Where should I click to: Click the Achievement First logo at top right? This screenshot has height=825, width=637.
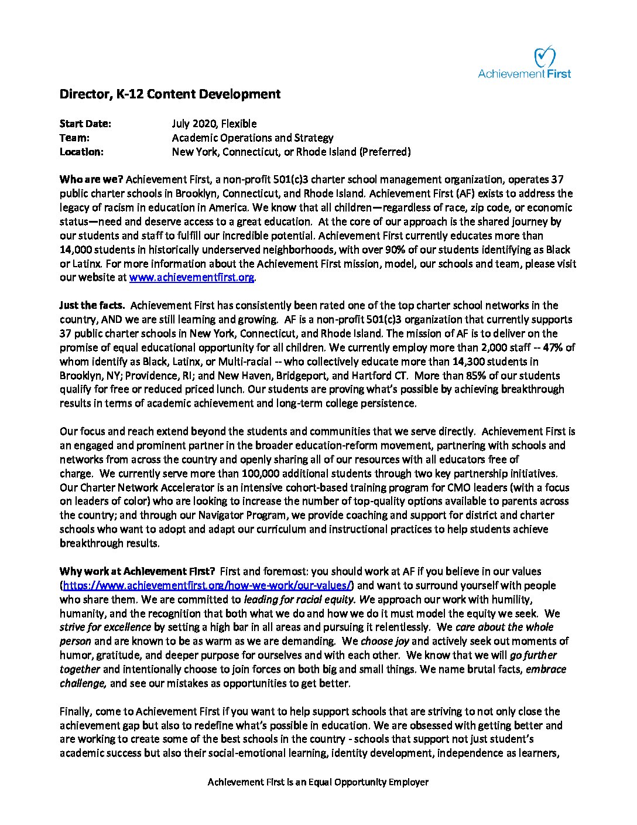pyautogui.click(x=524, y=64)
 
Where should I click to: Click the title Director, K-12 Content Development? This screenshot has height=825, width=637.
pyautogui.click(x=170, y=94)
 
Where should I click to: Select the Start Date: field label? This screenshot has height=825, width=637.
pyautogui.click(x=85, y=124)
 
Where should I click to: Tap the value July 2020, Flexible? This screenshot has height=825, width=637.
pyautogui.click(x=214, y=124)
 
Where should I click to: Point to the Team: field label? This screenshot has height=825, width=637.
pyautogui.click(x=74, y=138)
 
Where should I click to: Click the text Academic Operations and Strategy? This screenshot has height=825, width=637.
pyautogui.click(x=252, y=138)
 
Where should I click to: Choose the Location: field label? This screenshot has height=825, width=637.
pyautogui.click(x=81, y=152)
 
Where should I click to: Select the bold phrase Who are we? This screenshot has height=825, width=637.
pyautogui.click(x=91, y=179)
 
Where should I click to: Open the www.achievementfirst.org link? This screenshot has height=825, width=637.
pyautogui.click(x=191, y=278)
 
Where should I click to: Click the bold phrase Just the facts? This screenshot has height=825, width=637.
pyautogui.click(x=92, y=305)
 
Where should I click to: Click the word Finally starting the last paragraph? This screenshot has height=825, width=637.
pyautogui.click(x=76, y=711)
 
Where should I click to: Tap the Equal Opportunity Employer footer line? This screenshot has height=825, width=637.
pyautogui.click(x=318, y=782)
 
